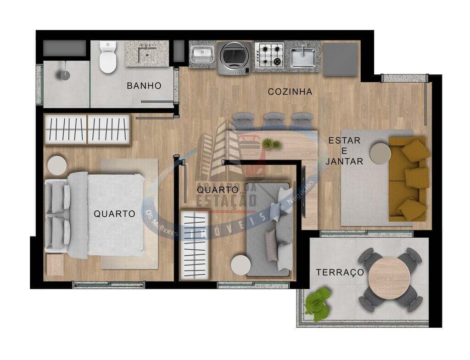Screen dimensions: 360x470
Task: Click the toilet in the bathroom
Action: pyautogui.click(x=108, y=58)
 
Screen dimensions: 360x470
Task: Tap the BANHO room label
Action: pyautogui.click(x=144, y=85)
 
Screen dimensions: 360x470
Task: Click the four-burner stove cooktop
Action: pyautogui.click(x=269, y=55)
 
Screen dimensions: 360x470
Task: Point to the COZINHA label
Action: pyautogui.click(x=290, y=92)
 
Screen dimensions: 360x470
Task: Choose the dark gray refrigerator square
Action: pyautogui.click(x=340, y=59)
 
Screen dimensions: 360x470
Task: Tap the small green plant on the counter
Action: pyautogui.click(x=271, y=144)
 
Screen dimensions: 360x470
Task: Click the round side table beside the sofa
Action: pyautogui.click(x=380, y=153)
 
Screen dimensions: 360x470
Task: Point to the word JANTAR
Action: pyautogui.click(x=344, y=161)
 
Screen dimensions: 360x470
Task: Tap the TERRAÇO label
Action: pyautogui.click(x=340, y=273)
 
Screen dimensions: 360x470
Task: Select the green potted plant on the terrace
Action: pyautogui.click(x=318, y=303)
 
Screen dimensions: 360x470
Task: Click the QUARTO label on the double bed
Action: pyautogui.click(x=114, y=214)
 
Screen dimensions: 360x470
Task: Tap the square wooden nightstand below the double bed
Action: pyautogui.click(x=55, y=264)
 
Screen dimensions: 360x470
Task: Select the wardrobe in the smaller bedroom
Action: pyautogui.click(x=195, y=245)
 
